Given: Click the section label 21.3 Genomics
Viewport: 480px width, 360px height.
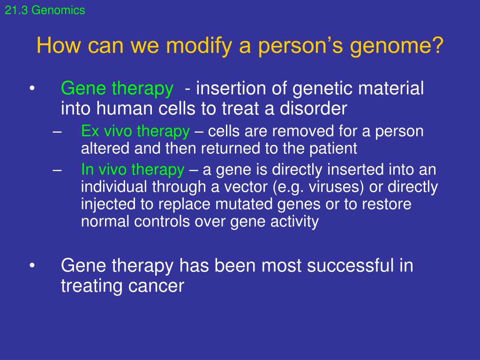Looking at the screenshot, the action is pyautogui.click(x=45, y=10).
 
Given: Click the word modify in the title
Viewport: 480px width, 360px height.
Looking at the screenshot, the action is pyautogui.click(x=199, y=46).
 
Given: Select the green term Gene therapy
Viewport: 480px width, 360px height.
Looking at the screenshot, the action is pyautogui.click(x=117, y=89).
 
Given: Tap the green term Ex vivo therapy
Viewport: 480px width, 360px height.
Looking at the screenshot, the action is pyautogui.click(x=135, y=132).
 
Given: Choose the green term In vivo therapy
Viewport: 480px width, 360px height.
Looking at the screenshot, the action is pyautogui.click(x=133, y=170).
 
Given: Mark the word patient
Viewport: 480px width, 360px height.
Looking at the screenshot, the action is pyautogui.click(x=333, y=149).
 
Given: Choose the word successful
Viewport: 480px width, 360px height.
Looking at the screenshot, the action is pyautogui.click(x=350, y=265).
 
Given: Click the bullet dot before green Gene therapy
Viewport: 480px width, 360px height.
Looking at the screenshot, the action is pyautogui.click(x=32, y=89).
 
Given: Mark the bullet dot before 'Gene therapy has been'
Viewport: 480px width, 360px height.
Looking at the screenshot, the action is pyautogui.click(x=32, y=266).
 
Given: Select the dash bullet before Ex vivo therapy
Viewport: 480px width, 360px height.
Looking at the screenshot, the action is pyautogui.click(x=57, y=132).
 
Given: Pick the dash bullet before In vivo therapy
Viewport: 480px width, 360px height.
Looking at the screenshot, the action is pyautogui.click(x=57, y=171).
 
